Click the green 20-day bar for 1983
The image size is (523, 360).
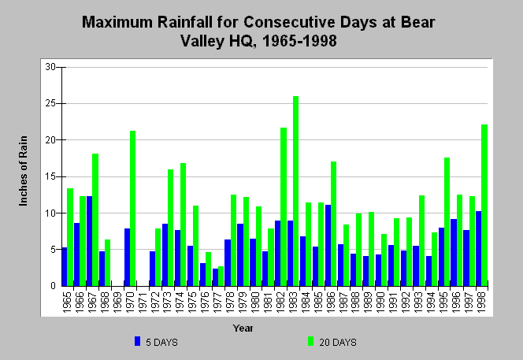(x=295, y=191)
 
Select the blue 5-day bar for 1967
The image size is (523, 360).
(x=89, y=241)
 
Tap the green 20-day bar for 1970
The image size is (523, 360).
(x=133, y=209)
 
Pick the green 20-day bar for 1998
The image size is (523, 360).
(x=484, y=206)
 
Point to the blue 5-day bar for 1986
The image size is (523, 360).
(x=328, y=246)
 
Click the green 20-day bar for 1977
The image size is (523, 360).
(x=221, y=276)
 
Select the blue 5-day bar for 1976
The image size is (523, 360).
(x=202, y=275)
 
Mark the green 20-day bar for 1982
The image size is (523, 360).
(x=284, y=207)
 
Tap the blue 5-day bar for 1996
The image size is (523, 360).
(x=454, y=253)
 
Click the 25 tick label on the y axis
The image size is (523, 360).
(x=50, y=103)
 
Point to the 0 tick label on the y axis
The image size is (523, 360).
(x=53, y=286)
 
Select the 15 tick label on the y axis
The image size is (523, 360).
(x=50, y=176)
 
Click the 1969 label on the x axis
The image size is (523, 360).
(x=117, y=302)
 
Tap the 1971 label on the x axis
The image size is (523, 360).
(x=143, y=302)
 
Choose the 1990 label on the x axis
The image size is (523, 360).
(x=381, y=302)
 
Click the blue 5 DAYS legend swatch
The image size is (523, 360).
(x=137, y=341)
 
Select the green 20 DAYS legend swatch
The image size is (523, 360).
(x=310, y=341)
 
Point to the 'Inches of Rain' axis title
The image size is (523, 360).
(x=23, y=171)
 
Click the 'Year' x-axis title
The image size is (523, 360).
(x=243, y=328)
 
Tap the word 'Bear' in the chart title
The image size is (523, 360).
(x=418, y=22)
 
